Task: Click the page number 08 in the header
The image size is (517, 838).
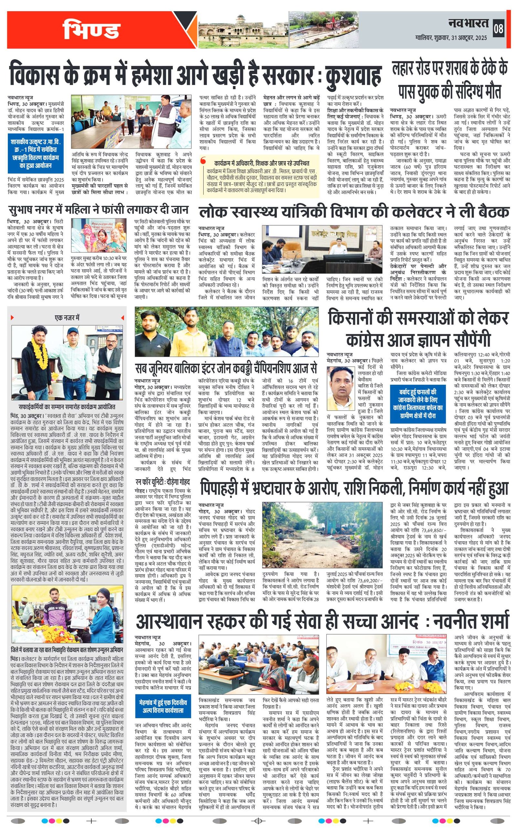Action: pos(498,29)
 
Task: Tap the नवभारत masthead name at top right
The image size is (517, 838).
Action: pos(469,24)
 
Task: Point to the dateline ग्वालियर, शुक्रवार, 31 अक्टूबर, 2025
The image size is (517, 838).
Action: pos(451,37)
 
